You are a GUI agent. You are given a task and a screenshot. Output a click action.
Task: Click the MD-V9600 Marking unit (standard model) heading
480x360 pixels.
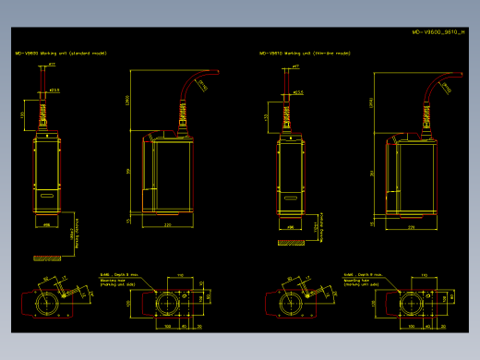(61, 54)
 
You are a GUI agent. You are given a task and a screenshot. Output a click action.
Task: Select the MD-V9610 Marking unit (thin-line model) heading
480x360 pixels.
(306, 54)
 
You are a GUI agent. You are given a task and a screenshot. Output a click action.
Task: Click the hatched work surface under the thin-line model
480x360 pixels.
(291, 243)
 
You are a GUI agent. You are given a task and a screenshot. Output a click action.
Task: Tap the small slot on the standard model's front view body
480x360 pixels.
(45, 196)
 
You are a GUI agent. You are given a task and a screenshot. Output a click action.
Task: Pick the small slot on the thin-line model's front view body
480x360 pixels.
(291, 196)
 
